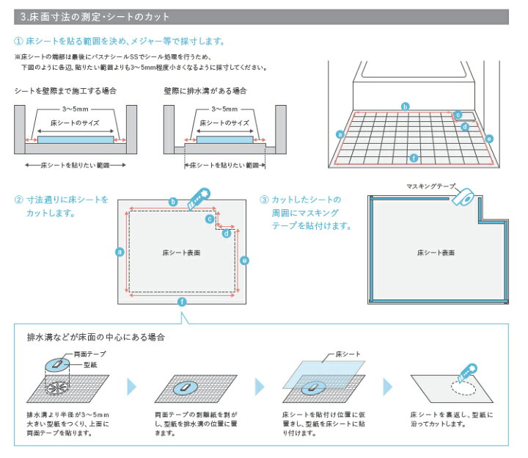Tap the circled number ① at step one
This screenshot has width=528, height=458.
click(x=18, y=41)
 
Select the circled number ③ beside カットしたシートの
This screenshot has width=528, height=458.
click(x=264, y=200)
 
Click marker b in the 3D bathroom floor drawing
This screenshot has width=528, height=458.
click(x=405, y=107)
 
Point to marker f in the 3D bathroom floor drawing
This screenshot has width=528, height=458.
click(x=414, y=158)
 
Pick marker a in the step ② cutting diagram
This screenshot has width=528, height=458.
click(x=119, y=252)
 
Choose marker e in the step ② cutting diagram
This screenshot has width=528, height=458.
click(x=244, y=260)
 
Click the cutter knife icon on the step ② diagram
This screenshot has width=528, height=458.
click(x=199, y=197)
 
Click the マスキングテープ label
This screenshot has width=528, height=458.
click(x=430, y=186)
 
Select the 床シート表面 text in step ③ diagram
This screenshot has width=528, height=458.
click(x=436, y=252)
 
